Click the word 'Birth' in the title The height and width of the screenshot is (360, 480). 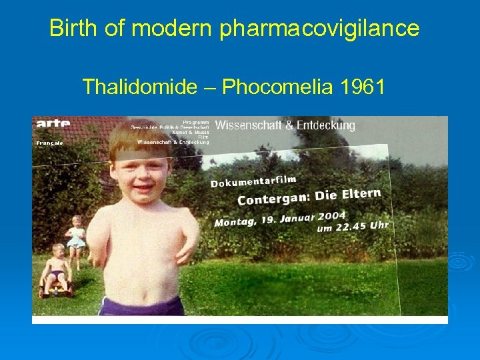pyautogui.click(x=71, y=28)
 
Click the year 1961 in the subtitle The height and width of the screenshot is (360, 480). pyautogui.click(x=362, y=87)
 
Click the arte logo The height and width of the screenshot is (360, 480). pyautogui.click(x=54, y=123)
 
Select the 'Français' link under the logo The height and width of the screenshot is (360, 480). pyautogui.click(x=50, y=143)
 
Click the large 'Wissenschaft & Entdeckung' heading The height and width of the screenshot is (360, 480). pyautogui.click(x=285, y=125)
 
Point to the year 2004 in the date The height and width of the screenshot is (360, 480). pyautogui.click(x=331, y=215)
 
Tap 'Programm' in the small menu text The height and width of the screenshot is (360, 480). pyautogui.click(x=196, y=122)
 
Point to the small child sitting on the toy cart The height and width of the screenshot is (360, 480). pyautogui.click(x=55, y=270)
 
